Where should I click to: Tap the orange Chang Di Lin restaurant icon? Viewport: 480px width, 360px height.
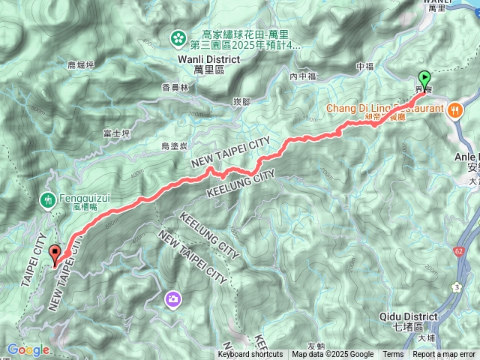click(x=455, y=110)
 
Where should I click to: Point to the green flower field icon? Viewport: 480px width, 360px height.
click(x=178, y=37)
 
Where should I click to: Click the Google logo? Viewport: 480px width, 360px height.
click(x=28, y=349)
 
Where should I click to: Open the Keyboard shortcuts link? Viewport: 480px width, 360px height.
click(x=251, y=355)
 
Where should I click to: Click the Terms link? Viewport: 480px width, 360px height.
click(x=393, y=355)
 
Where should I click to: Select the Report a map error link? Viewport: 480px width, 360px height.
click(x=445, y=355)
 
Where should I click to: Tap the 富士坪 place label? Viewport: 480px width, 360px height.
click(x=116, y=133)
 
